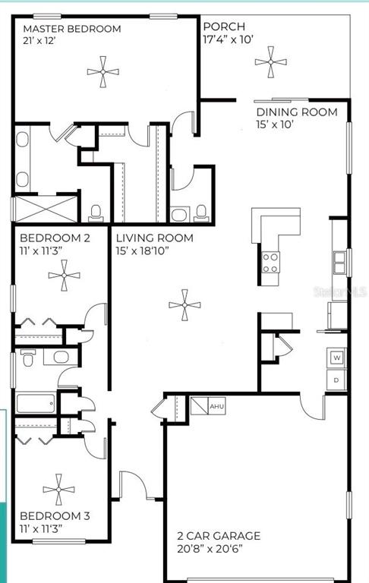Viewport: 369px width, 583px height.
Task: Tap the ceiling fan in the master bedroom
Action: [x=103, y=73]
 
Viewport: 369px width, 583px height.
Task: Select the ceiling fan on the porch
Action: [x=270, y=62]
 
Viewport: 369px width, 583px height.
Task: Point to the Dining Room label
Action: [x=296, y=112]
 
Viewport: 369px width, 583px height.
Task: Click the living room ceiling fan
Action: [x=184, y=307]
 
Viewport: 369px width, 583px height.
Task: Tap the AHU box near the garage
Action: [x=217, y=406]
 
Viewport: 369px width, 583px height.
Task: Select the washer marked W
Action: [x=337, y=357]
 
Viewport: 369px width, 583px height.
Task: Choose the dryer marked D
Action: [x=337, y=379]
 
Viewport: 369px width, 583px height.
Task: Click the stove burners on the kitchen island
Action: [x=270, y=263]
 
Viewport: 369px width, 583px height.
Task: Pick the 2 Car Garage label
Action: [x=219, y=535]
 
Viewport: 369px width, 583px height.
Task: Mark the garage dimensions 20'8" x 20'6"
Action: [x=219, y=549]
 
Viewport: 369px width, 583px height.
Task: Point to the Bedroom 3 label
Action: [x=55, y=516]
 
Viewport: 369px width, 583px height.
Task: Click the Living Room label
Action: [x=154, y=238]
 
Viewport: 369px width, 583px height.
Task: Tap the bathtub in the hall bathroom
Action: [x=36, y=402]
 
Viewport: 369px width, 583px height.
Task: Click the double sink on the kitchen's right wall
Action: [x=339, y=262]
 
